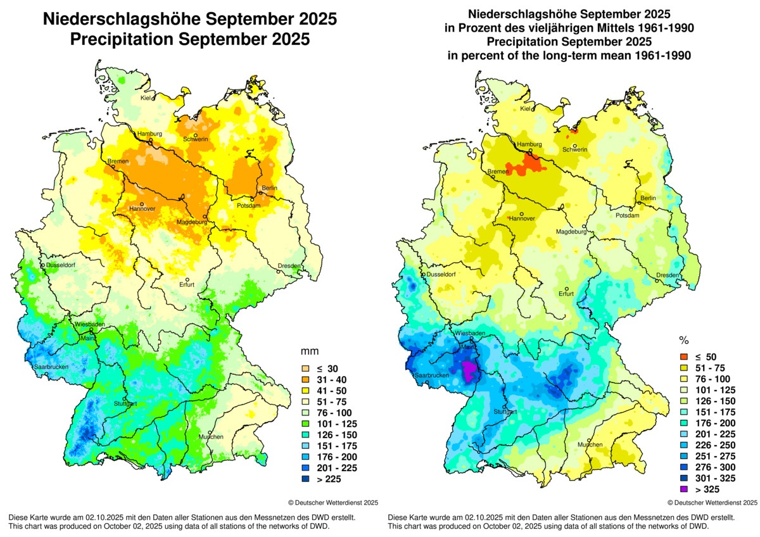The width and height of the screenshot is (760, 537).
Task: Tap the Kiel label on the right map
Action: [x=526, y=109]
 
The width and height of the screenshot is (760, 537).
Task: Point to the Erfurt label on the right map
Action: [x=566, y=293]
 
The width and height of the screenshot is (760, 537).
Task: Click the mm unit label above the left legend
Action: [x=308, y=350]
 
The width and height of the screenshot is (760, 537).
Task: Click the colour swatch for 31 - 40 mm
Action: [x=305, y=379]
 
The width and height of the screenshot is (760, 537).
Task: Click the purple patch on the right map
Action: [x=469, y=370]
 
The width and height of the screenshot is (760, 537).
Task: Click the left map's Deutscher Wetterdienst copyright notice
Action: [x=333, y=502]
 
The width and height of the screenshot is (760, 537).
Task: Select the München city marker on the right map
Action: [x=589, y=440]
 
